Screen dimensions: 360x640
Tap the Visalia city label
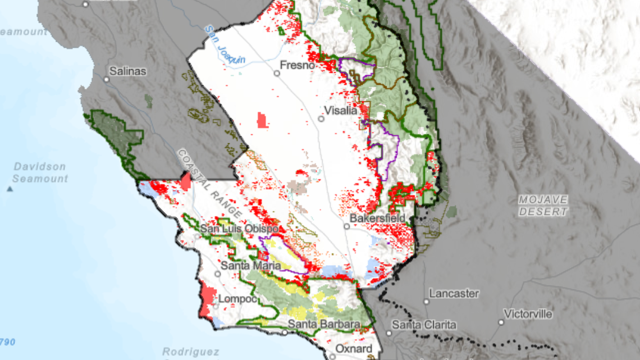[341, 111]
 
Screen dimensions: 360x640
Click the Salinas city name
[127, 71]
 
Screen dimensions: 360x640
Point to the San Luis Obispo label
[239, 229]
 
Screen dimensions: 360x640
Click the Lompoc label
[237, 299]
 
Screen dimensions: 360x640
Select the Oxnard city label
[354, 349]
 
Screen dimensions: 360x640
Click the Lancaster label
[454, 293]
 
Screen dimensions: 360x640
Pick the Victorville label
[528, 313]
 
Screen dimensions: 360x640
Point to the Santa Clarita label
[424, 325]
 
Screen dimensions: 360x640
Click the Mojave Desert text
[543, 206]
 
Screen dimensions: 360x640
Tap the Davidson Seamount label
[40, 172]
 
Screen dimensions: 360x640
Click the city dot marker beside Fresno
[277, 73]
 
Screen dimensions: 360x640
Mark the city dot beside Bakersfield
[347, 227]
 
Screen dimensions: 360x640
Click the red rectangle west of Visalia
[262, 120]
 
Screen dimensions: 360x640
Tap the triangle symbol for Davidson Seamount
[10, 189]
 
